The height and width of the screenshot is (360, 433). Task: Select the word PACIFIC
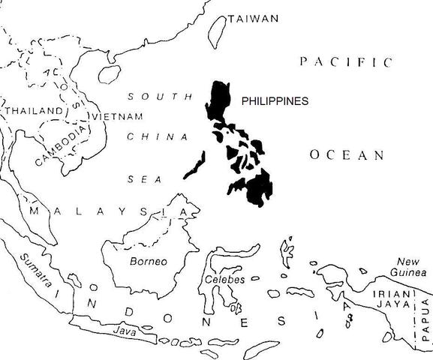346,61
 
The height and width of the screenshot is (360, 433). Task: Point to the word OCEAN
347,155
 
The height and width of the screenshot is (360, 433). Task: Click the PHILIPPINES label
275,100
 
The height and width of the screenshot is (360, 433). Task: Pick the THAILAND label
32,111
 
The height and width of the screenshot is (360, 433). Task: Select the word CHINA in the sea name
157,137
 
